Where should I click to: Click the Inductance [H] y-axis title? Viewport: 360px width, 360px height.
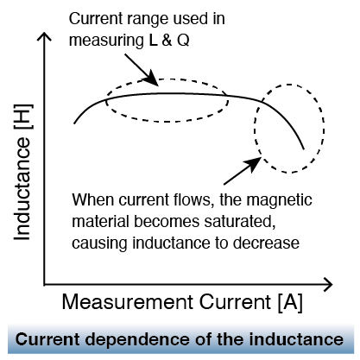point(22,172)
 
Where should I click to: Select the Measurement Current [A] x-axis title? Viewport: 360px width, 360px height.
point(182,302)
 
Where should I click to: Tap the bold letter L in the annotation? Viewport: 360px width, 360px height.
point(154,41)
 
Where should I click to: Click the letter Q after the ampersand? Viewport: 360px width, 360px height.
point(183,41)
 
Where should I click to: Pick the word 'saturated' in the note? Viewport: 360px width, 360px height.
point(238,221)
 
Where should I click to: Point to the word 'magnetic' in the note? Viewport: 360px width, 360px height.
point(279,200)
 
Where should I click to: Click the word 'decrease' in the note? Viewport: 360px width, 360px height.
point(266,243)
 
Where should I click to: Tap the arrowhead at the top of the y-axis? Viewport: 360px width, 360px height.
point(44,37)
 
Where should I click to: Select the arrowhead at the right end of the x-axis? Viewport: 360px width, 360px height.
point(327,285)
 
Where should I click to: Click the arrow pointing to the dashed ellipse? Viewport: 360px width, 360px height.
point(142,70)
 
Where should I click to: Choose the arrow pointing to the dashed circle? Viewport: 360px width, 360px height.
point(243,171)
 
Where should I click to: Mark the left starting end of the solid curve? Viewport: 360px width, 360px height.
point(74,123)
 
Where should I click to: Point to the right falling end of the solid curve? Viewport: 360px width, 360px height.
point(304,149)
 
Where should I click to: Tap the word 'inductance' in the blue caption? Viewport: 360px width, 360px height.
point(296,339)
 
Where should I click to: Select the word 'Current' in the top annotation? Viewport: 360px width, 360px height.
point(95,19)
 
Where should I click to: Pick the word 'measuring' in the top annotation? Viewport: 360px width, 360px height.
point(106,41)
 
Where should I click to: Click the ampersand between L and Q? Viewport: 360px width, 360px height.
point(167,41)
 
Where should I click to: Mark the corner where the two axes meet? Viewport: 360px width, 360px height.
point(44,285)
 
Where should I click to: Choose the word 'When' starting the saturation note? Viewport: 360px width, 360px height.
point(93,200)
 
